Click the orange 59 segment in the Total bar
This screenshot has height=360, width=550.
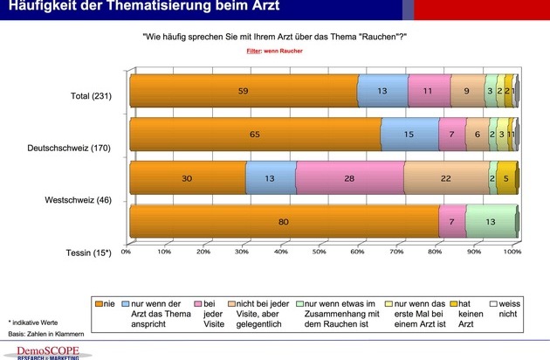(x=244, y=90)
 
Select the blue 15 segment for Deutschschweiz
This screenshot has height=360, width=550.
(x=409, y=135)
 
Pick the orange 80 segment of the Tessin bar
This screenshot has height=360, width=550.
(x=284, y=222)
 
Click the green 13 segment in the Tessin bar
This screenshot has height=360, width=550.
(x=491, y=222)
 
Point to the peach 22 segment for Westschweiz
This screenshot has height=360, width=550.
(x=446, y=178)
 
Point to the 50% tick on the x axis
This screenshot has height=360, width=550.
(x=320, y=252)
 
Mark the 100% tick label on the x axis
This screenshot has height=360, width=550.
(x=512, y=252)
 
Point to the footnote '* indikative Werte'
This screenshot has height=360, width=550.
(x=33, y=322)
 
